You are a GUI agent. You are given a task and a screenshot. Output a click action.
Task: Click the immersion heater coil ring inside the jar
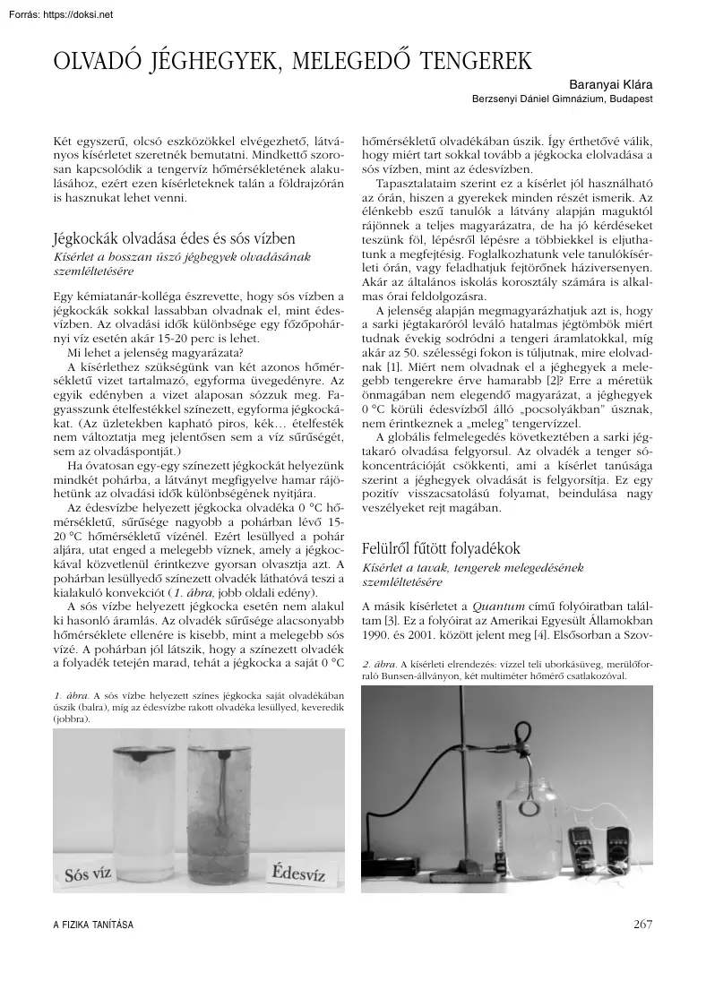coord(523,725)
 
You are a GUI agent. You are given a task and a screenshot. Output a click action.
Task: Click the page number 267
coord(641,925)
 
